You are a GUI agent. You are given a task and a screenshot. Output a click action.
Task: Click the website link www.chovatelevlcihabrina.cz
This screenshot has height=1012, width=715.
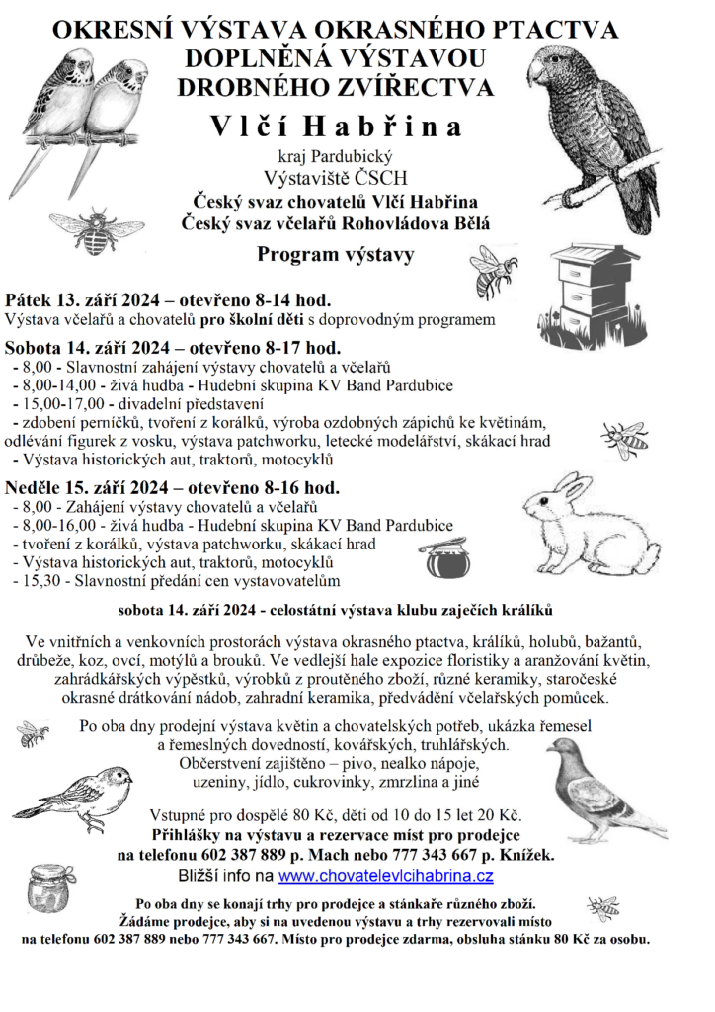[x=386, y=875]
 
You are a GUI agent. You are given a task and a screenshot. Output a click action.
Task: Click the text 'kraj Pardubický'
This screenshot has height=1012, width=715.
[x=335, y=156]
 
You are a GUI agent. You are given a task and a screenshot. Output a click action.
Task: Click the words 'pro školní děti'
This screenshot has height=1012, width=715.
[x=252, y=320]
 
